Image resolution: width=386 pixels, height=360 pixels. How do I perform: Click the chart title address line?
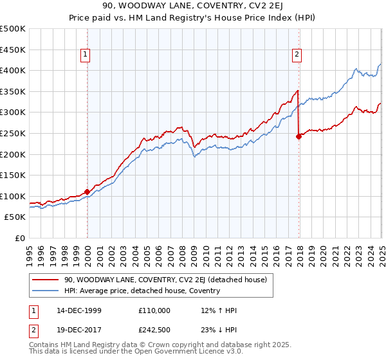pyautogui.click(x=193, y=6)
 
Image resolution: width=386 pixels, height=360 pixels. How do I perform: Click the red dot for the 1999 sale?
pyautogui.click(x=87, y=192)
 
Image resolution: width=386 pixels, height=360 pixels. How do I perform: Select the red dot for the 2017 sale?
pyautogui.click(x=299, y=136)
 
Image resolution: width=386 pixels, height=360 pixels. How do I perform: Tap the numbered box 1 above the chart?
pyautogui.click(x=86, y=55)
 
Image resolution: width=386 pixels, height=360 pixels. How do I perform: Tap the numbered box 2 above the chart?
pyautogui.click(x=297, y=55)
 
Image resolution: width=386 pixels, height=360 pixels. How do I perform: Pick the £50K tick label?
pyautogui.click(x=15, y=217)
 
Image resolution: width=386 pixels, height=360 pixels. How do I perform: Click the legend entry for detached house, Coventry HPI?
pyautogui.click(x=142, y=291)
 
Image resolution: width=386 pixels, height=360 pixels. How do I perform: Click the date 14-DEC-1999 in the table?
pyautogui.click(x=78, y=310)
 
